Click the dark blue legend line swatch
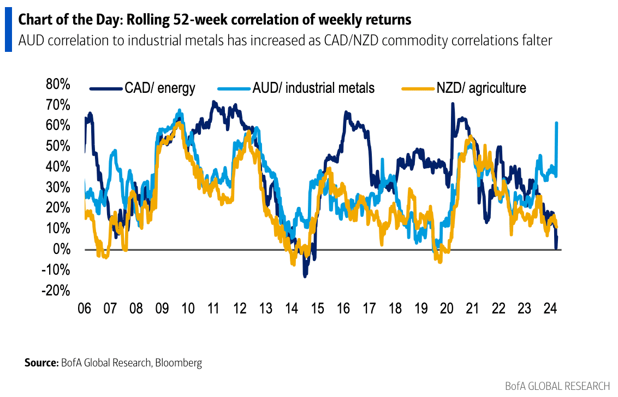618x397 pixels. tap(105, 88)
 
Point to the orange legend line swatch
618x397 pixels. tap(418, 88)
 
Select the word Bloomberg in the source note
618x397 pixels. tap(178, 363)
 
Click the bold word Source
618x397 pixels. tap(40, 363)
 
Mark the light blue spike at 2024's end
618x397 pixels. tap(556, 123)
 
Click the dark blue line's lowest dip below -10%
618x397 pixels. tap(305, 276)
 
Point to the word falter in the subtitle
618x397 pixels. tap(537, 40)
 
